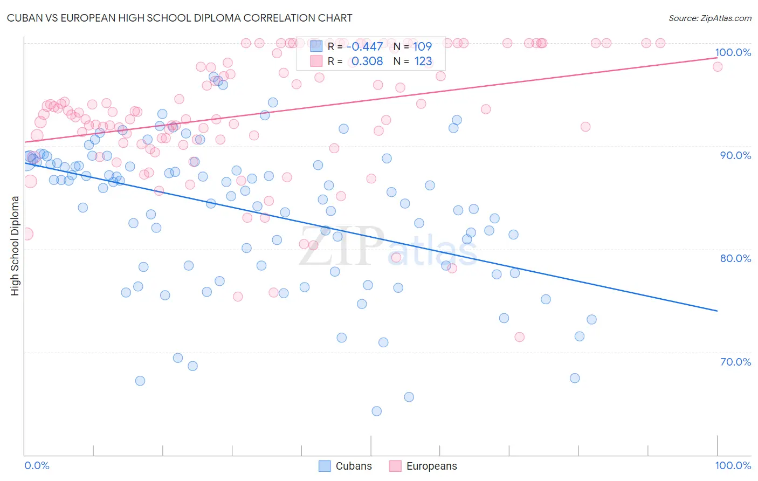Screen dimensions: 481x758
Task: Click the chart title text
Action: pyautogui.click(x=180, y=18)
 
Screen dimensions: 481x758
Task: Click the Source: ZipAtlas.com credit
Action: pyautogui.click(x=709, y=18)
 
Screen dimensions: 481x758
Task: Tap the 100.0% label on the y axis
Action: pyautogui.click(x=733, y=52)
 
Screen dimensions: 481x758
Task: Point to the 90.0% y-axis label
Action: pyautogui.click(x=735, y=155)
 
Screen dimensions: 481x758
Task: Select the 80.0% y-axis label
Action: pyautogui.click(x=735, y=258)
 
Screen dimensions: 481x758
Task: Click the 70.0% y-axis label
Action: pyautogui.click(x=735, y=362)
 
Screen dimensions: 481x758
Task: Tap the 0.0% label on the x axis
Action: pyautogui.click(x=37, y=465)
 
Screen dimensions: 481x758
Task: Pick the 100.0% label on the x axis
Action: pyautogui.click(x=733, y=465)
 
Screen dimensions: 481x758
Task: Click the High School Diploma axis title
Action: pyautogui.click(x=15, y=245)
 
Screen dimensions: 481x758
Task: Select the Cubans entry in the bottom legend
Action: pyautogui.click(x=353, y=466)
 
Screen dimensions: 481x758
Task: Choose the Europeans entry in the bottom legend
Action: pyautogui.click(x=431, y=466)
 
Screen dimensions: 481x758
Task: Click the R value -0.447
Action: pyautogui.click(x=365, y=47)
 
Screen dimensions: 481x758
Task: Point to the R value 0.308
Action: pyautogui.click(x=367, y=61)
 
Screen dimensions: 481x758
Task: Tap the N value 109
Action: pyautogui.click(x=423, y=47)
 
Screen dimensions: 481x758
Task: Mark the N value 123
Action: pyautogui.click(x=423, y=61)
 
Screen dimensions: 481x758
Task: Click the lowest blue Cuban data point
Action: pyautogui.click(x=377, y=411)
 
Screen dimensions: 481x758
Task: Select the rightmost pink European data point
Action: pyautogui.click(x=718, y=67)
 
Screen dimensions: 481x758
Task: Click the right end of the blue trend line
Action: pyautogui.click(x=717, y=311)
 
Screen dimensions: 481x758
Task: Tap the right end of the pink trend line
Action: pyautogui.click(x=717, y=57)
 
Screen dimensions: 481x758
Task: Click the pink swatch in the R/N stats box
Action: pyautogui.click(x=316, y=61)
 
